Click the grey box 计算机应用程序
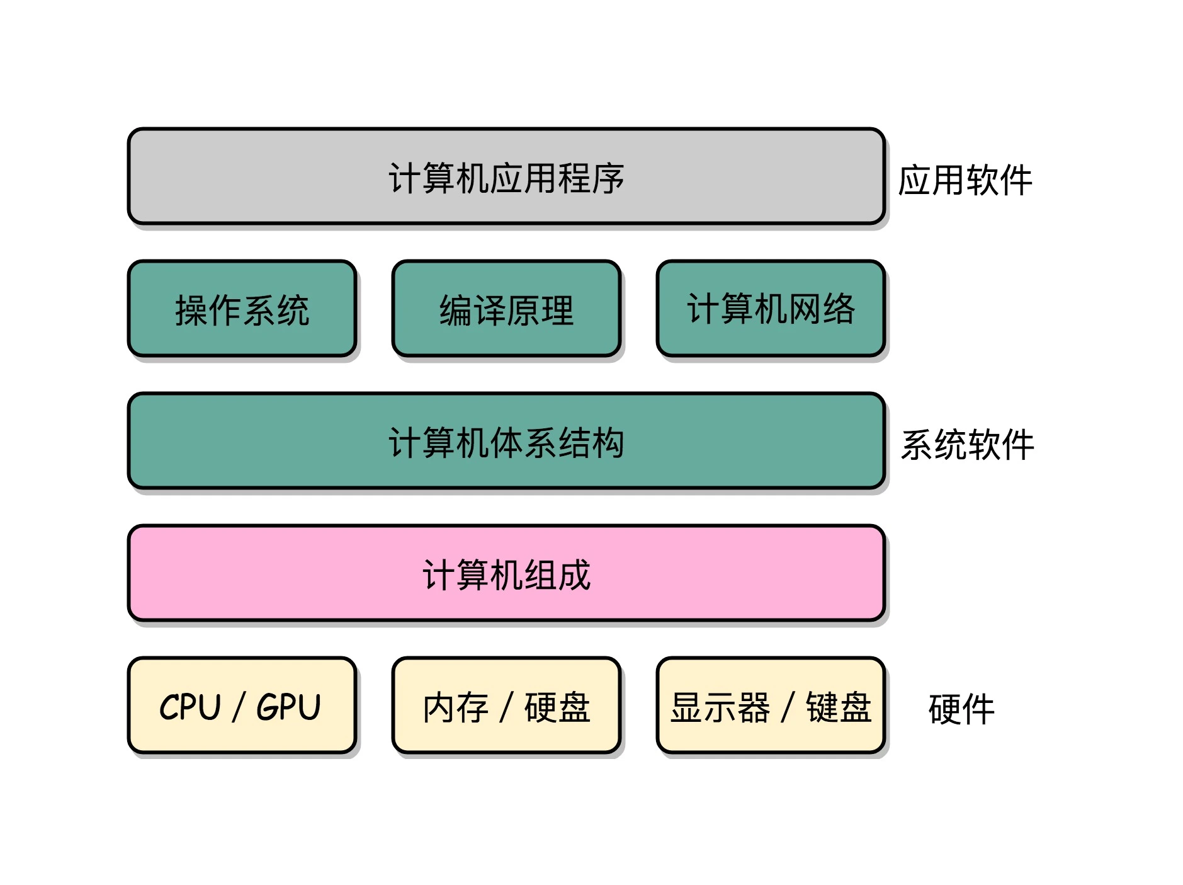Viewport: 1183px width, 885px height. point(506,176)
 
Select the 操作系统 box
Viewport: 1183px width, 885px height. point(242,309)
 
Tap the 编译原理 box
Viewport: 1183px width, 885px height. point(506,309)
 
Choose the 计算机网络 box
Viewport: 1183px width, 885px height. point(771,309)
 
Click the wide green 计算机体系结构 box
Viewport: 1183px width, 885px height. point(506,441)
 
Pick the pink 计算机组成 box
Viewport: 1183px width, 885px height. point(506,573)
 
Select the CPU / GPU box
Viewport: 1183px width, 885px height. point(242,705)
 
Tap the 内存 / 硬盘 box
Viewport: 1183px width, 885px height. point(506,705)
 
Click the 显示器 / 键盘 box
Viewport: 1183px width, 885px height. point(771,705)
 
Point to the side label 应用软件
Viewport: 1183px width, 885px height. point(965,181)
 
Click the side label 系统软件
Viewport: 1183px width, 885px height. point(967,445)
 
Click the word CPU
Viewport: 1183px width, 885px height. point(190,707)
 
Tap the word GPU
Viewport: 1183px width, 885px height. point(289,707)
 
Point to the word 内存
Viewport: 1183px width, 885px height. point(456,707)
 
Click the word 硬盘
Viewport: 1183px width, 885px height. point(557,707)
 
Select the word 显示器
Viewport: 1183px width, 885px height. point(720,707)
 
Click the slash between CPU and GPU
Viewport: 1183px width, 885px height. point(238,707)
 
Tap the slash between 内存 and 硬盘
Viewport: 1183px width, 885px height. point(506,707)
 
